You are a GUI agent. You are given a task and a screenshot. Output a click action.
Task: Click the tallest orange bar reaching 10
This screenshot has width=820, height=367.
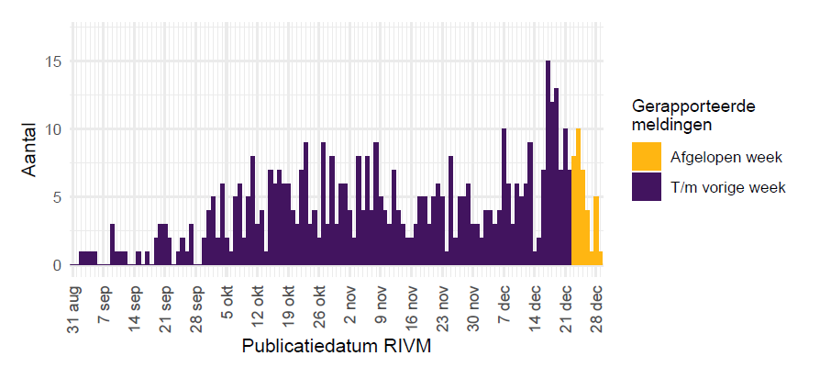[578, 197]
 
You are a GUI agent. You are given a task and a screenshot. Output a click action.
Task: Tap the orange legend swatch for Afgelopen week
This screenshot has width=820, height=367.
[646, 156]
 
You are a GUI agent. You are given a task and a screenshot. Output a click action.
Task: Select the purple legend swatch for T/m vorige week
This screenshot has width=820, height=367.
[646, 187]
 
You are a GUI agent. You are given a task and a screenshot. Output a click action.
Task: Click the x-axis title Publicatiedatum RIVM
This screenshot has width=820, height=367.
[337, 348]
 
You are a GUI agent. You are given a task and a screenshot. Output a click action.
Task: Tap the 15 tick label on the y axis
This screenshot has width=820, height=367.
[54, 61]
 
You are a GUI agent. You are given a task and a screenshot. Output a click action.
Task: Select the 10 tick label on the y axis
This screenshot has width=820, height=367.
[54, 129]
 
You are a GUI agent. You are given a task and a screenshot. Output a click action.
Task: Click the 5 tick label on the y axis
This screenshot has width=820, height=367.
[58, 197]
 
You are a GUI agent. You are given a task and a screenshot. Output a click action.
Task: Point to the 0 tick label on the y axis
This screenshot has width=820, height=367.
[58, 265]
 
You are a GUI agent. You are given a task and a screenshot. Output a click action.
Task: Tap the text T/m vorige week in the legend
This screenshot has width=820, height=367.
[728, 188]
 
